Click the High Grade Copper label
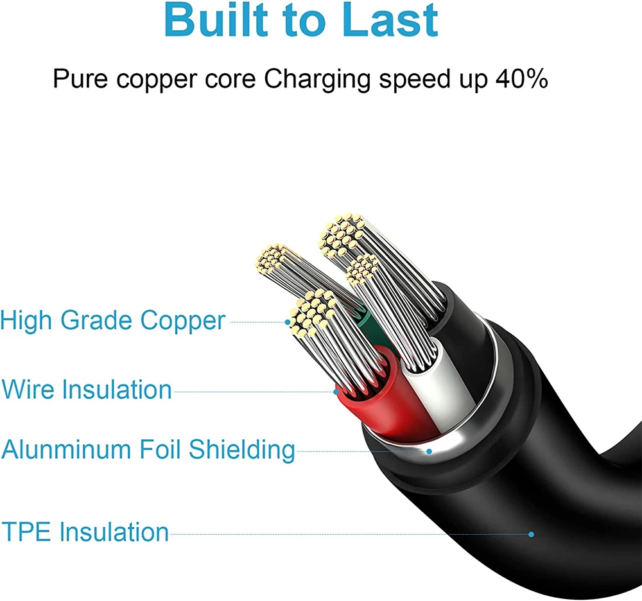pos(113,321)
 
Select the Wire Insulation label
pos(87,390)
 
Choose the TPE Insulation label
pos(85,532)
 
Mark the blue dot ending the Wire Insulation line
pos(336,390)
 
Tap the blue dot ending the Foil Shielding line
pos(429,451)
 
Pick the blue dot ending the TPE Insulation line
pos(531,534)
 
